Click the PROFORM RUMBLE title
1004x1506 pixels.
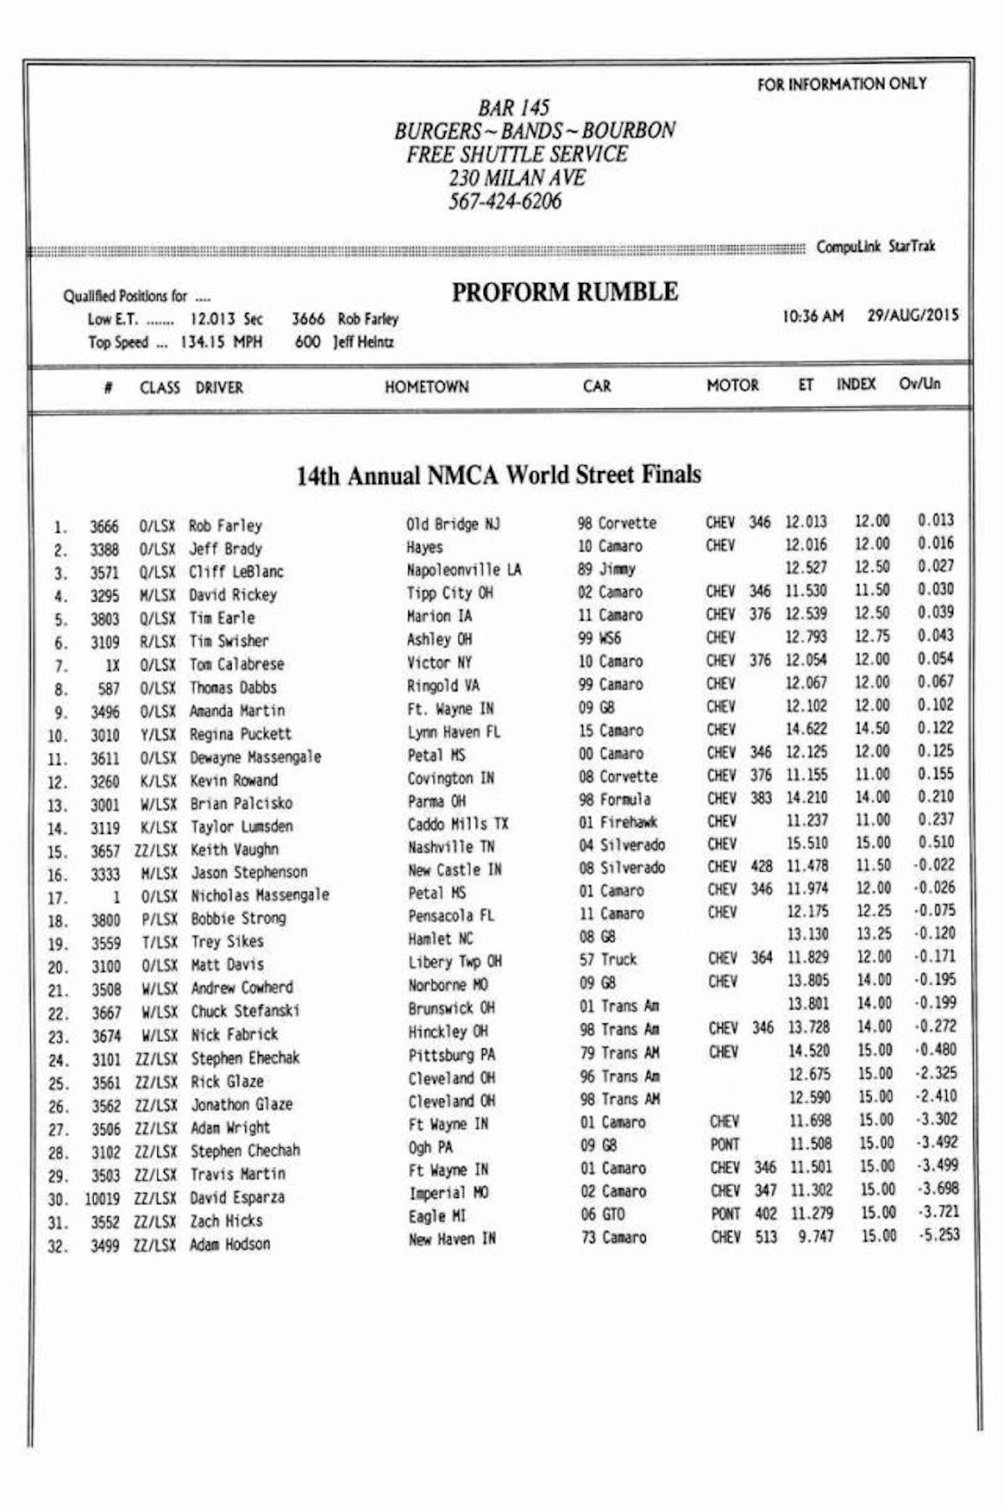pyautogui.click(x=565, y=292)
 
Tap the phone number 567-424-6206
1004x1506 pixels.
pyautogui.click(x=505, y=202)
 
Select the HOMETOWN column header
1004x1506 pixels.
pyautogui.click(x=427, y=387)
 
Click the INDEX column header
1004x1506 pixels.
pyautogui.click(x=856, y=384)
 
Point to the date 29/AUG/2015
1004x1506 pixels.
pyautogui.click(x=913, y=315)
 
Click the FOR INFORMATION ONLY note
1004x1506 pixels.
pyautogui.click(x=842, y=84)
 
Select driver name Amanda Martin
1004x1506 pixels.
pyautogui.click(x=238, y=710)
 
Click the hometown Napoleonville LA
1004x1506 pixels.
pyautogui.click(x=464, y=570)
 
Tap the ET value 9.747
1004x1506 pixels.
pyautogui.click(x=815, y=1237)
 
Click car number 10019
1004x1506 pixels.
pyautogui.click(x=102, y=1199)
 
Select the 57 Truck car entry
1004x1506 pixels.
pyautogui.click(x=608, y=960)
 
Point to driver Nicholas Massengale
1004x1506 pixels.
pyautogui.click(x=259, y=895)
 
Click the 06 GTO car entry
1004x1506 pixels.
pyautogui.click(x=602, y=1214)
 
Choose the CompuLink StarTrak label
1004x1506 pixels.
pyautogui.click(x=875, y=247)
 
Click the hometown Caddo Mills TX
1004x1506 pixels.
pyautogui.click(x=458, y=824)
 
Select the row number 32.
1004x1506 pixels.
pyautogui.click(x=57, y=1247)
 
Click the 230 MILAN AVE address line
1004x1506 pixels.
pyautogui.click(x=516, y=178)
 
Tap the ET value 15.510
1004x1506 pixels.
pyautogui.click(x=807, y=843)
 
